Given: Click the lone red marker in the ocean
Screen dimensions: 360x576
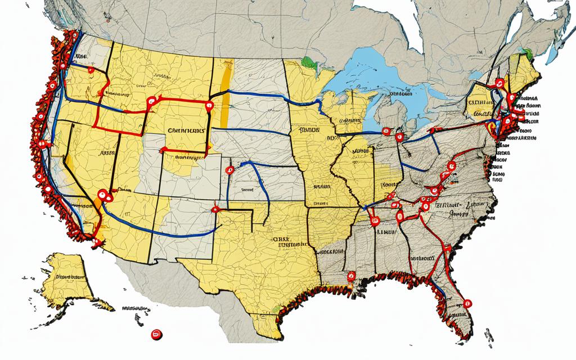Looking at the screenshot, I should pos(156,335).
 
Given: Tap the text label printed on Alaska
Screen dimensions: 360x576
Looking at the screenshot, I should pos(70,276).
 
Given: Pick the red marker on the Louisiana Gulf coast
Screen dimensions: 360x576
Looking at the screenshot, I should pos(352,276).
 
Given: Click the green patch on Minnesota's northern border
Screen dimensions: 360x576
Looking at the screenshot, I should pos(306,60).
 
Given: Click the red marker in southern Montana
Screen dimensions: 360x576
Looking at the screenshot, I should pos(150,101).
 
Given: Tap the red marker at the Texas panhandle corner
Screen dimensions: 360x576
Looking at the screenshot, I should pos(215,210).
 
